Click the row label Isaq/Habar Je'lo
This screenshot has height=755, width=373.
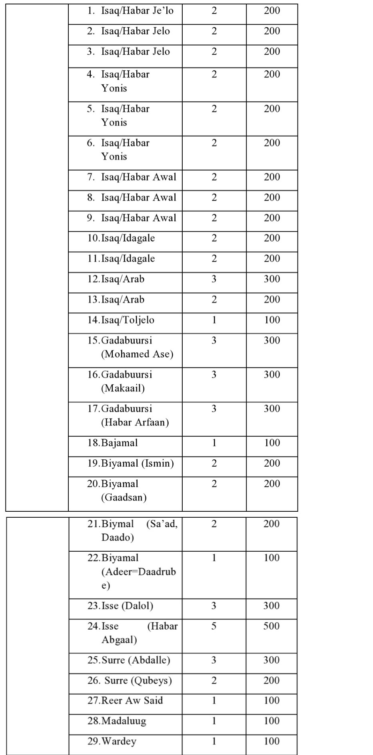(137, 11)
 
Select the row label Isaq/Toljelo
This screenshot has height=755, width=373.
(128, 320)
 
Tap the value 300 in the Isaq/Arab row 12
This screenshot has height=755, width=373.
(272, 279)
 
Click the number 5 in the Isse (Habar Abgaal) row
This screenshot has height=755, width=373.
(214, 626)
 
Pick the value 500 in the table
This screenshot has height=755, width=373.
(271, 626)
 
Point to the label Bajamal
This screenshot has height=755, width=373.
(119, 443)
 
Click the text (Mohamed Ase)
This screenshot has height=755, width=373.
(137, 354)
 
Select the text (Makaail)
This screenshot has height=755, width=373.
(123, 388)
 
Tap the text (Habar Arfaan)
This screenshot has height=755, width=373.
(135, 422)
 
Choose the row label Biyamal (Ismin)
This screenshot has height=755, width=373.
(138, 463)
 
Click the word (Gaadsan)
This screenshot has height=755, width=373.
(124, 497)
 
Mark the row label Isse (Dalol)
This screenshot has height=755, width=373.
(127, 606)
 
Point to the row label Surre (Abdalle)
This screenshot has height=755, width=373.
(136, 660)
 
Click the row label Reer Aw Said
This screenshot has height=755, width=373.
(132, 700)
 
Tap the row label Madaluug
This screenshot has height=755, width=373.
(124, 721)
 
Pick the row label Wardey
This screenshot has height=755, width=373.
(119, 741)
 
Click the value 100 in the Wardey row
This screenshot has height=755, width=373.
(271, 741)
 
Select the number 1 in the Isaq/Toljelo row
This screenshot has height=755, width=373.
(214, 320)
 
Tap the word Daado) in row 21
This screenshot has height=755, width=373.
(118, 537)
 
